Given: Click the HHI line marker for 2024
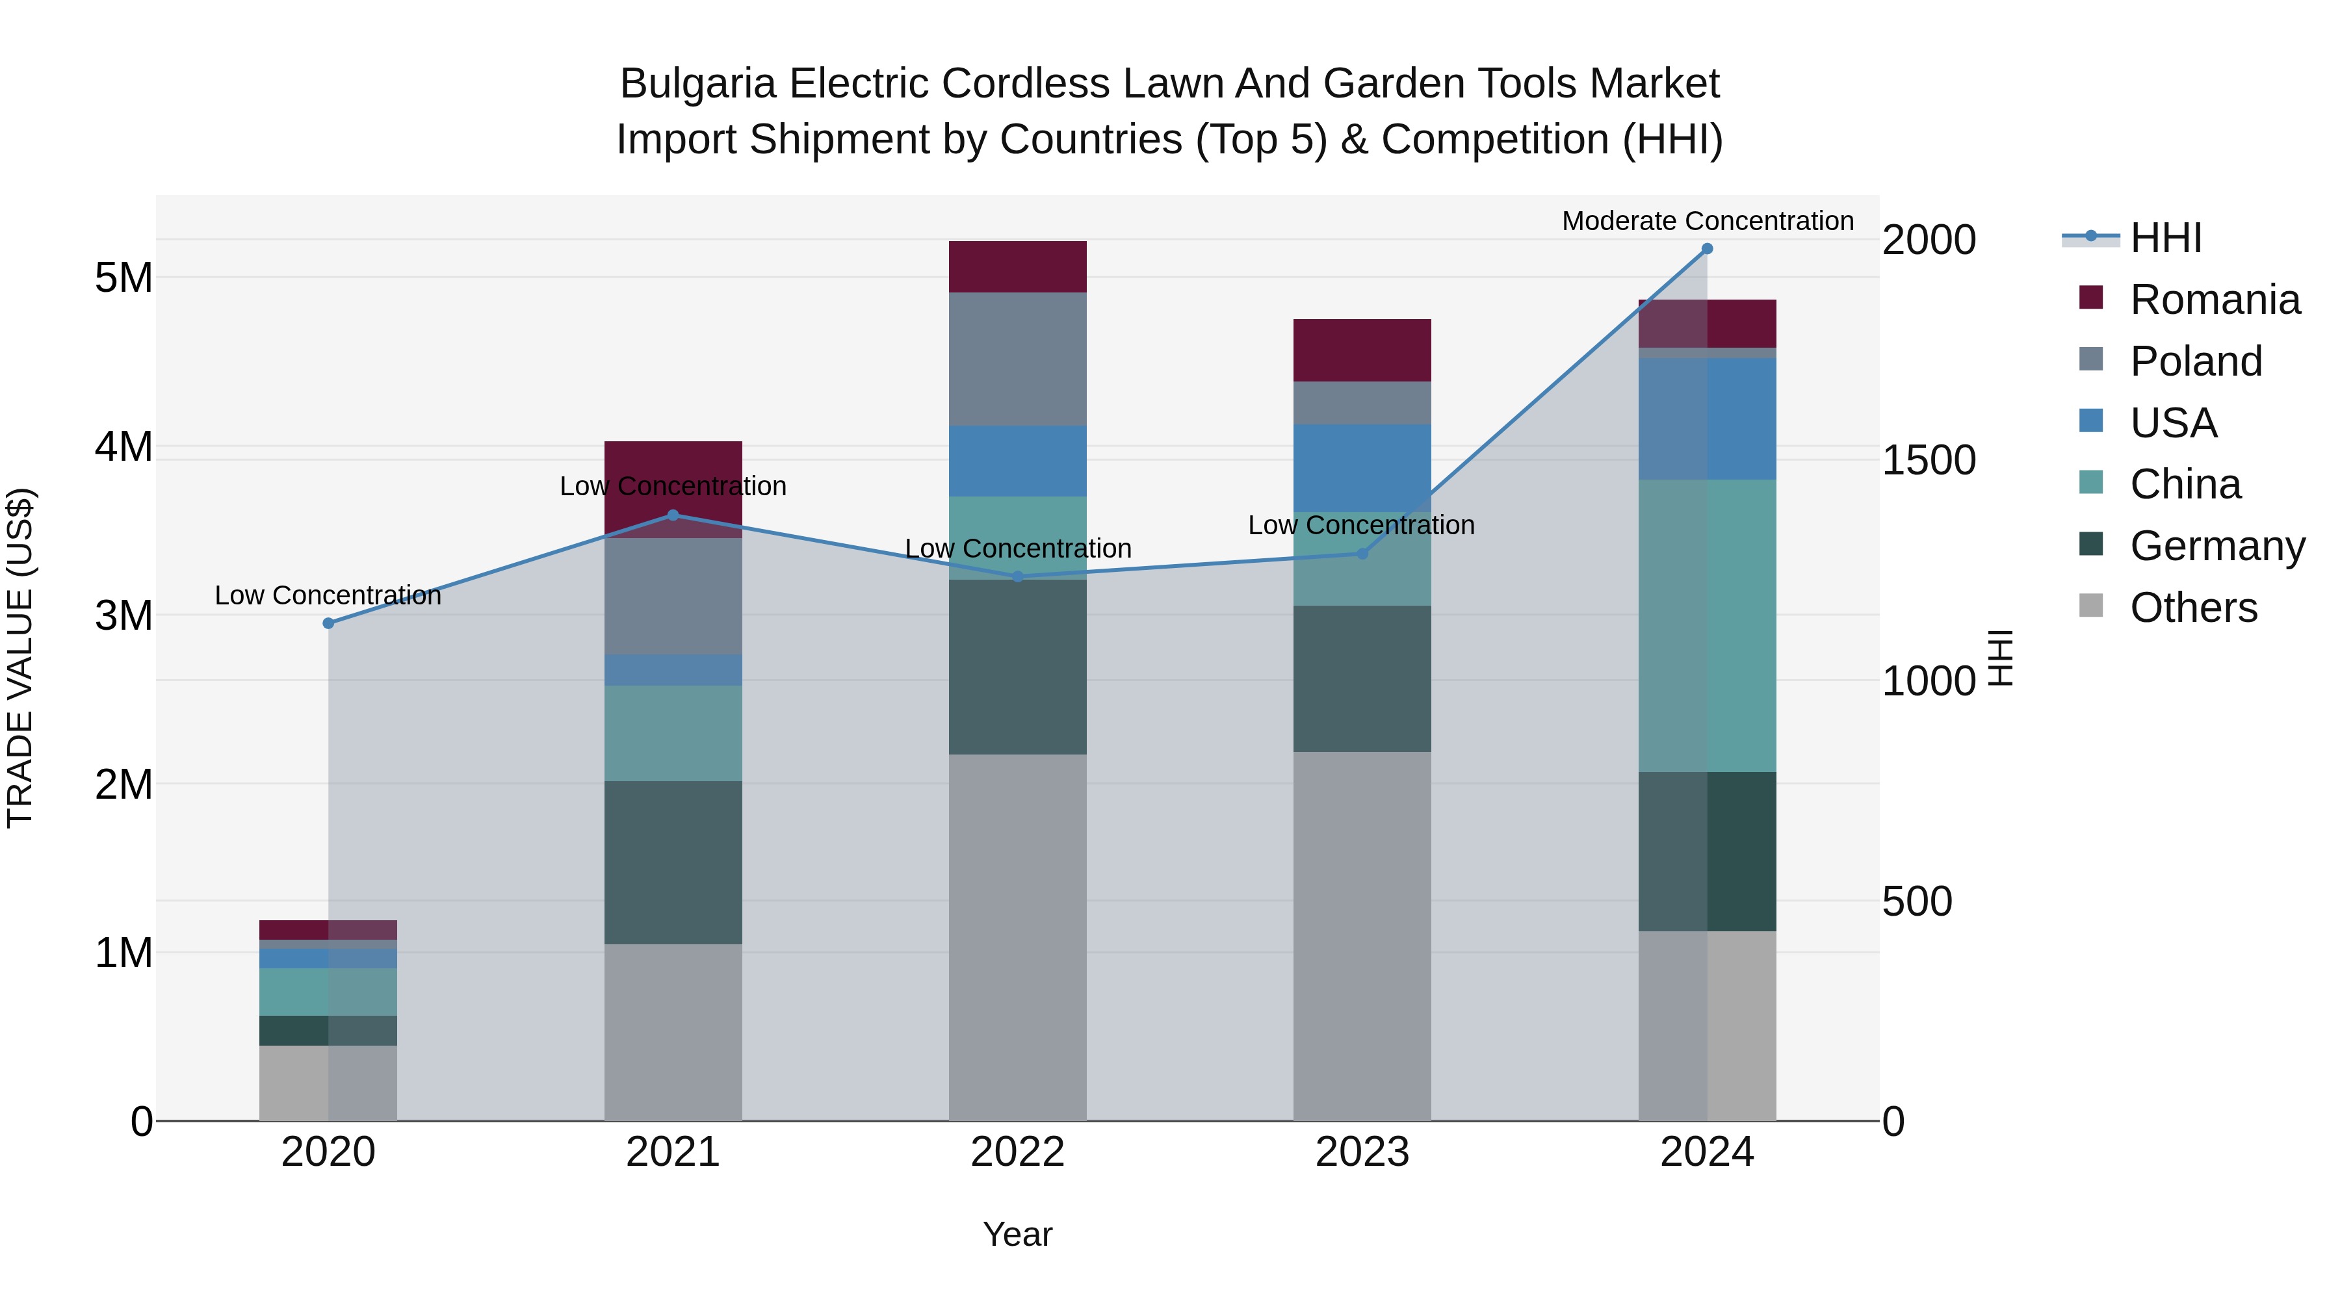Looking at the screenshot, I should point(1707,249).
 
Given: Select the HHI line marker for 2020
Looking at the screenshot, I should point(329,623).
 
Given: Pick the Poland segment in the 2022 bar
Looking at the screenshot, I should point(1017,359).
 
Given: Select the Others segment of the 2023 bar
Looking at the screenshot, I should point(1362,935).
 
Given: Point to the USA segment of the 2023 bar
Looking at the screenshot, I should point(1362,468).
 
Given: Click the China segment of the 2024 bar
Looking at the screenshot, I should point(1707,626).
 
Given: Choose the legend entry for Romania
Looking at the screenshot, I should point(2215,300).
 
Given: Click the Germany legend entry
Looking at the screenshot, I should point(2216,546).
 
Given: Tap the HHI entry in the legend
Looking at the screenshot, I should point(2166,238).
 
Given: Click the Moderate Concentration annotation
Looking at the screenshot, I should point(1707,221).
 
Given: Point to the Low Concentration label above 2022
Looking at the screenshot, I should point(1017,548).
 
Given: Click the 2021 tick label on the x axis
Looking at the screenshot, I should point(673,1152).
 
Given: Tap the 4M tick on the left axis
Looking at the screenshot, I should point(123,447).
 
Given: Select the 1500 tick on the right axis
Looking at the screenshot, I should point(1928,461).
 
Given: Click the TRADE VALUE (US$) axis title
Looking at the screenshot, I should point(20,658).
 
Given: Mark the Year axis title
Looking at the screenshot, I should point(1017,1234).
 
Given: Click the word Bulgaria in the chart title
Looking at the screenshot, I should point(697,84).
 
